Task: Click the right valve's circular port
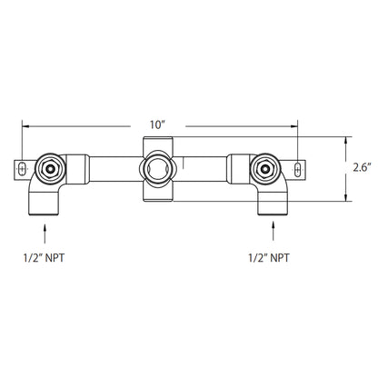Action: coord(265,167)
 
